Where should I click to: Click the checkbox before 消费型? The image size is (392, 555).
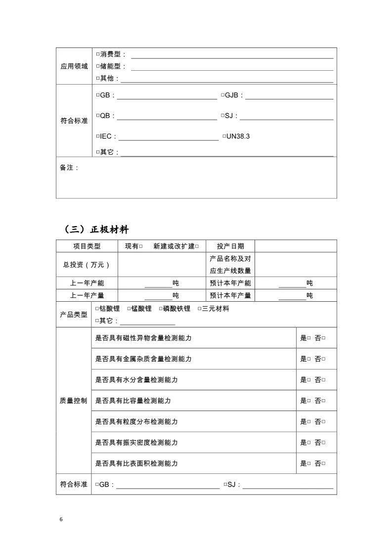[x=97, y=54]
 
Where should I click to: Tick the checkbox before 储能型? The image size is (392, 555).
[x=97, y=66]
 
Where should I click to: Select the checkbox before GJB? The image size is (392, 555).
[x=222, y=95]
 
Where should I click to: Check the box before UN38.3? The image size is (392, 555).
[x=224, y=136]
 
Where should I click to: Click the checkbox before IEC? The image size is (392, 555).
[x=97, y=137]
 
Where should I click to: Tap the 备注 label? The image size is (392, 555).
[x=69, y=168]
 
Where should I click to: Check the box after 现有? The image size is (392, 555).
[x=141, y=246]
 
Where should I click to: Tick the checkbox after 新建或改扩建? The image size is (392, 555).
[x=197, y=246]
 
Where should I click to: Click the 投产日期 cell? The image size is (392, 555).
[x=230, y=246]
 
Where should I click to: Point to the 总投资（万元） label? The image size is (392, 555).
[x=87, y=265]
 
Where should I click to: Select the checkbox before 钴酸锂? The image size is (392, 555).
[x=97, y=309]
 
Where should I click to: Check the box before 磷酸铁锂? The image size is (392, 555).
[x=161, y=309]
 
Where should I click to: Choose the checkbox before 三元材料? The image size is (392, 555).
[x=200, y=309]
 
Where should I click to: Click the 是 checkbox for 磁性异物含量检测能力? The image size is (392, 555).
[x=309, y=338]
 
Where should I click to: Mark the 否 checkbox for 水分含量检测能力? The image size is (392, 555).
[x=323, y=380]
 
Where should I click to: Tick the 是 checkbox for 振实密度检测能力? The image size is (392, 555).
[x=309, y=443]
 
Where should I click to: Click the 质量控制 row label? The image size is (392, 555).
[x=74, y=401]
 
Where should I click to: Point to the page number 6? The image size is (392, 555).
[x=61, y=519]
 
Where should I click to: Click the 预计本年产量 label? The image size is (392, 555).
[x=230, y=295]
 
